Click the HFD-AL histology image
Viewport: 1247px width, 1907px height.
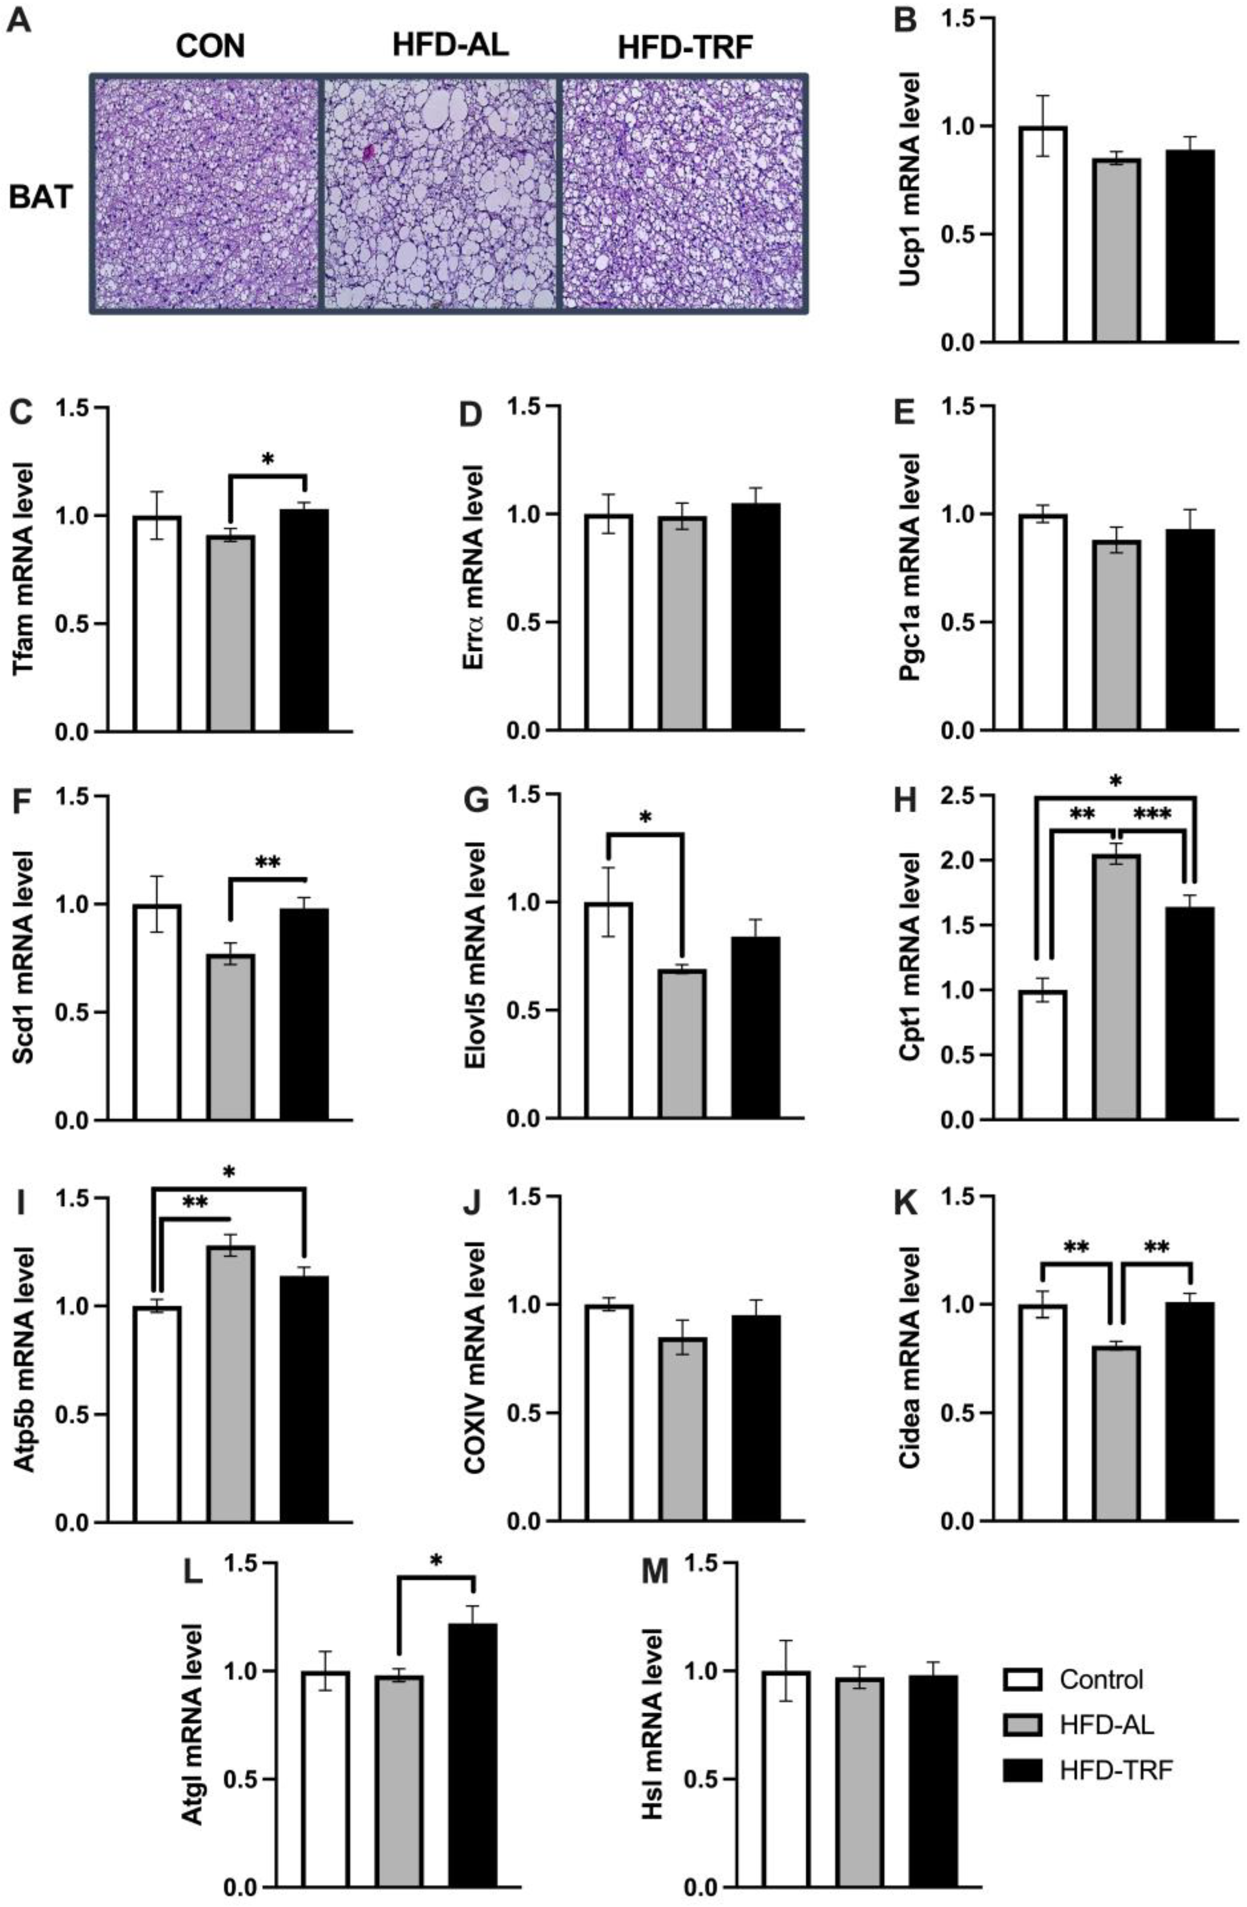(440, 193)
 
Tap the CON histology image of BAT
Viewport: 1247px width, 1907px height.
(207, 193)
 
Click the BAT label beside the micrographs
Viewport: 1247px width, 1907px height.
(40, 197)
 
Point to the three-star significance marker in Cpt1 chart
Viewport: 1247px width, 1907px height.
(1152, 816)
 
